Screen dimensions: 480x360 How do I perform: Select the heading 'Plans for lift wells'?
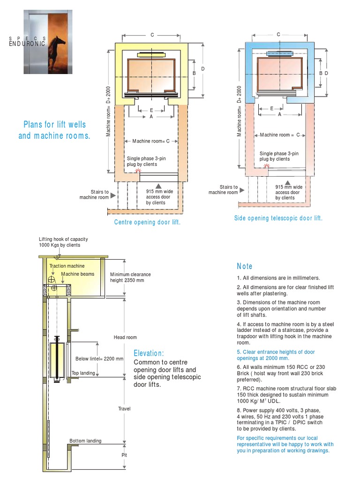55,125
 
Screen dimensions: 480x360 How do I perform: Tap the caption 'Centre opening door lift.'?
147,222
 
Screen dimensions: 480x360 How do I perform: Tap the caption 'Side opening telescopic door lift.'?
278,218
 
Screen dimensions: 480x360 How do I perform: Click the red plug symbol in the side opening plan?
267,165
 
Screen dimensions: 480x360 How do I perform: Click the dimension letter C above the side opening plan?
278,35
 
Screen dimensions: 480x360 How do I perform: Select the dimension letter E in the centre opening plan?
151,110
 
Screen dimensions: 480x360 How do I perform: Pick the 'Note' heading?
245,266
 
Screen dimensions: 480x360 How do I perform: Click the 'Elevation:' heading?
149,353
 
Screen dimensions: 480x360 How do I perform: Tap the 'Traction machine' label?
67,266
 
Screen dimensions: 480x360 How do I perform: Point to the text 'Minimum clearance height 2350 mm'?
127,277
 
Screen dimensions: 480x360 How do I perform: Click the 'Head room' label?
125,337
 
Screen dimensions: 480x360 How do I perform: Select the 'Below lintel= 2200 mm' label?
99,359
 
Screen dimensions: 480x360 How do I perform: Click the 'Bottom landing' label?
85,441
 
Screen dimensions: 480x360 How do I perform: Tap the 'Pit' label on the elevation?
124,455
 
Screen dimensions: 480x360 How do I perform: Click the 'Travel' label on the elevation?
124,409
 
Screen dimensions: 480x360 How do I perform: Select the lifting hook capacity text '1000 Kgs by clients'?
60,245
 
